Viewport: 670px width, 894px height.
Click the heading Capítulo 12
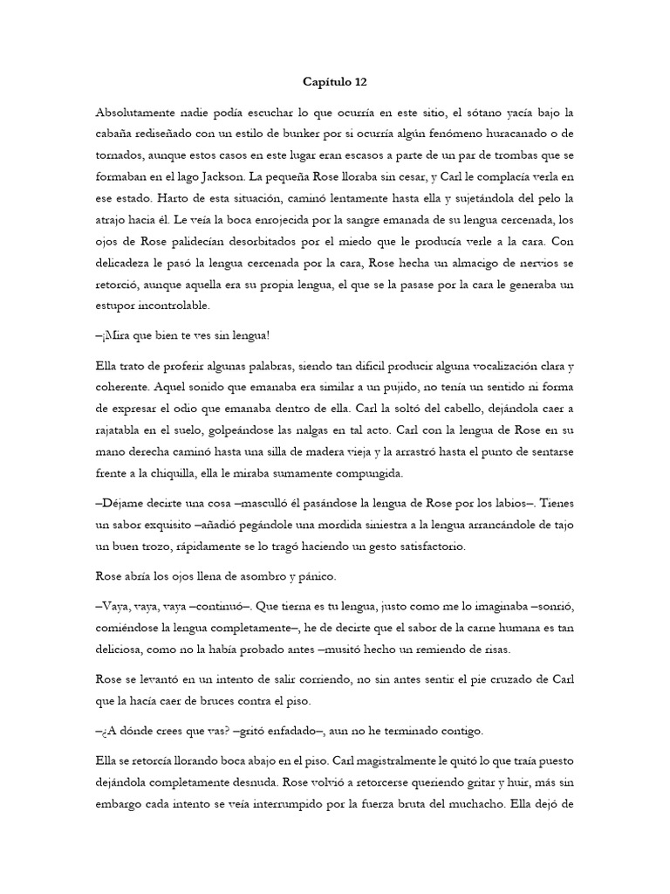[x=335, y=83]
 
